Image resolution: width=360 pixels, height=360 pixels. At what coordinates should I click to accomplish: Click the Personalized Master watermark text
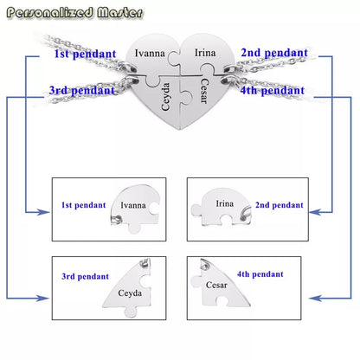[74, 13]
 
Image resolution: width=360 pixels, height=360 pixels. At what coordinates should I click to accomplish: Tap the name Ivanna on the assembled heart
[150, 53]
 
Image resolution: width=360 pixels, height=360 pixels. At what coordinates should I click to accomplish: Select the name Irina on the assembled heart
[205, 53]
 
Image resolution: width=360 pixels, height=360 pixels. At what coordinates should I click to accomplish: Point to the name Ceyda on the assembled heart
[165, 97]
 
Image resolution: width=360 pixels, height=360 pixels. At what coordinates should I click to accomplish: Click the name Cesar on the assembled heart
[203, 91]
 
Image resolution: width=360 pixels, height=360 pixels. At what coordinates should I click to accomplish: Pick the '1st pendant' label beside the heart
[85, 54]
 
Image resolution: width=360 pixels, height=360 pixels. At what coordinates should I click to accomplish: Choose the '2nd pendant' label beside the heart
[274, 53]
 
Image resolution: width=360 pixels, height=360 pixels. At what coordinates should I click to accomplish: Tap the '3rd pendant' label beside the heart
[82, 90]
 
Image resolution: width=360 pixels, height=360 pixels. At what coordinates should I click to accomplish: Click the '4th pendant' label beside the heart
[273, 91]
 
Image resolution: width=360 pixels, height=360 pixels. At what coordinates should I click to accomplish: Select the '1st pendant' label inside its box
[83, 205]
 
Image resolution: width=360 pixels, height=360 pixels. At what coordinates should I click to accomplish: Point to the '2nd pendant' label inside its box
[280, 205]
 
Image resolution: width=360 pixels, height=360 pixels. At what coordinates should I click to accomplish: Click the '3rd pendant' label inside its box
[85, 276]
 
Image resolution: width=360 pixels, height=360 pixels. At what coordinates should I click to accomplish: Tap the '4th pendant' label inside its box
[260, 274]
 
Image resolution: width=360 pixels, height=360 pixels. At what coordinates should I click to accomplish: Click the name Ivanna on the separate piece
[133, 205]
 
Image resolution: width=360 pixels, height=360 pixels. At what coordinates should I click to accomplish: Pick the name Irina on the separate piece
[225, 203]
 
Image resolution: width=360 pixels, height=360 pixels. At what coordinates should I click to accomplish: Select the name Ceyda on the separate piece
[130, 293]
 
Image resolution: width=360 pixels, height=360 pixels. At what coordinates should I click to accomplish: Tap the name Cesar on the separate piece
[216, 285]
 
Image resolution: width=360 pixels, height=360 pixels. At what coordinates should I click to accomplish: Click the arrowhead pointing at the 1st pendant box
[43, 213]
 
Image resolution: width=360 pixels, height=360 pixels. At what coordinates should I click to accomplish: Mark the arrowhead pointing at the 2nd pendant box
[315, 213]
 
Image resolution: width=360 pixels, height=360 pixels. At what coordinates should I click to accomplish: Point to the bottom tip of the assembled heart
[180, 129]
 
